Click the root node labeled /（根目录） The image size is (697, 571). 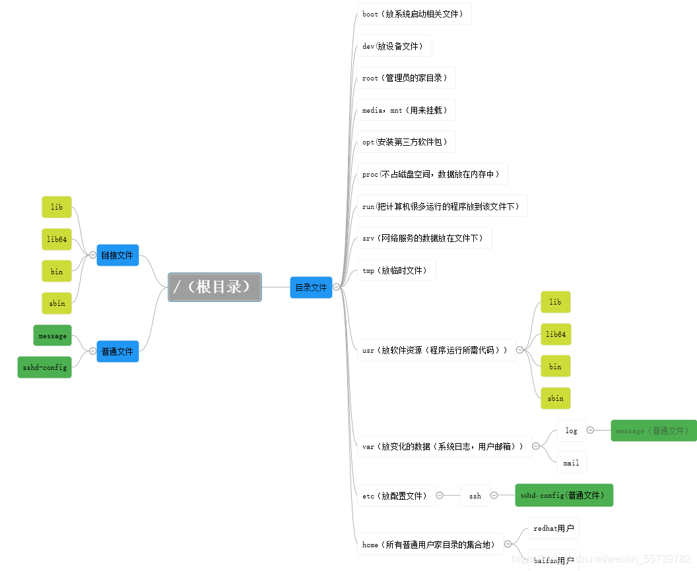coord(215,287)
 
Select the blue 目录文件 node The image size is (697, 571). coord(311,287)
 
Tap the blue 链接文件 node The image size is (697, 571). coord(117,255)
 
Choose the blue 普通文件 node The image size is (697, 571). coord(117,351)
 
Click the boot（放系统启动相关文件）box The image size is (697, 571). coord(414,14)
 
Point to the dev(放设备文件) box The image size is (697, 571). coord(395,46)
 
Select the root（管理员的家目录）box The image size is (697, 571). coord(406,78)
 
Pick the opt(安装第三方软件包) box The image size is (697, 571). coord(406,142)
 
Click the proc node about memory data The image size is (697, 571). coord(432,174)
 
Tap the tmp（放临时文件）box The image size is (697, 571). coord(396,270)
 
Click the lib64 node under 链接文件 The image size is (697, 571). coord(57,239)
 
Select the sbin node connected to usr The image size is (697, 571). coord(556,398)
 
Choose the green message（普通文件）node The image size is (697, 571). coord(653,431)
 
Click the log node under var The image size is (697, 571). coord(572,431)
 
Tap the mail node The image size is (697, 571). coord(572,463)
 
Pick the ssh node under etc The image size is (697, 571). coord(475,496)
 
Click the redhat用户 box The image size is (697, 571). coord(554,528)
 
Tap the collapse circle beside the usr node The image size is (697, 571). coord(520,350)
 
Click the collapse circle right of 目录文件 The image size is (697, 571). coord(337,287)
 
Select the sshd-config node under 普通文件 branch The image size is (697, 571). coord(44,367)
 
